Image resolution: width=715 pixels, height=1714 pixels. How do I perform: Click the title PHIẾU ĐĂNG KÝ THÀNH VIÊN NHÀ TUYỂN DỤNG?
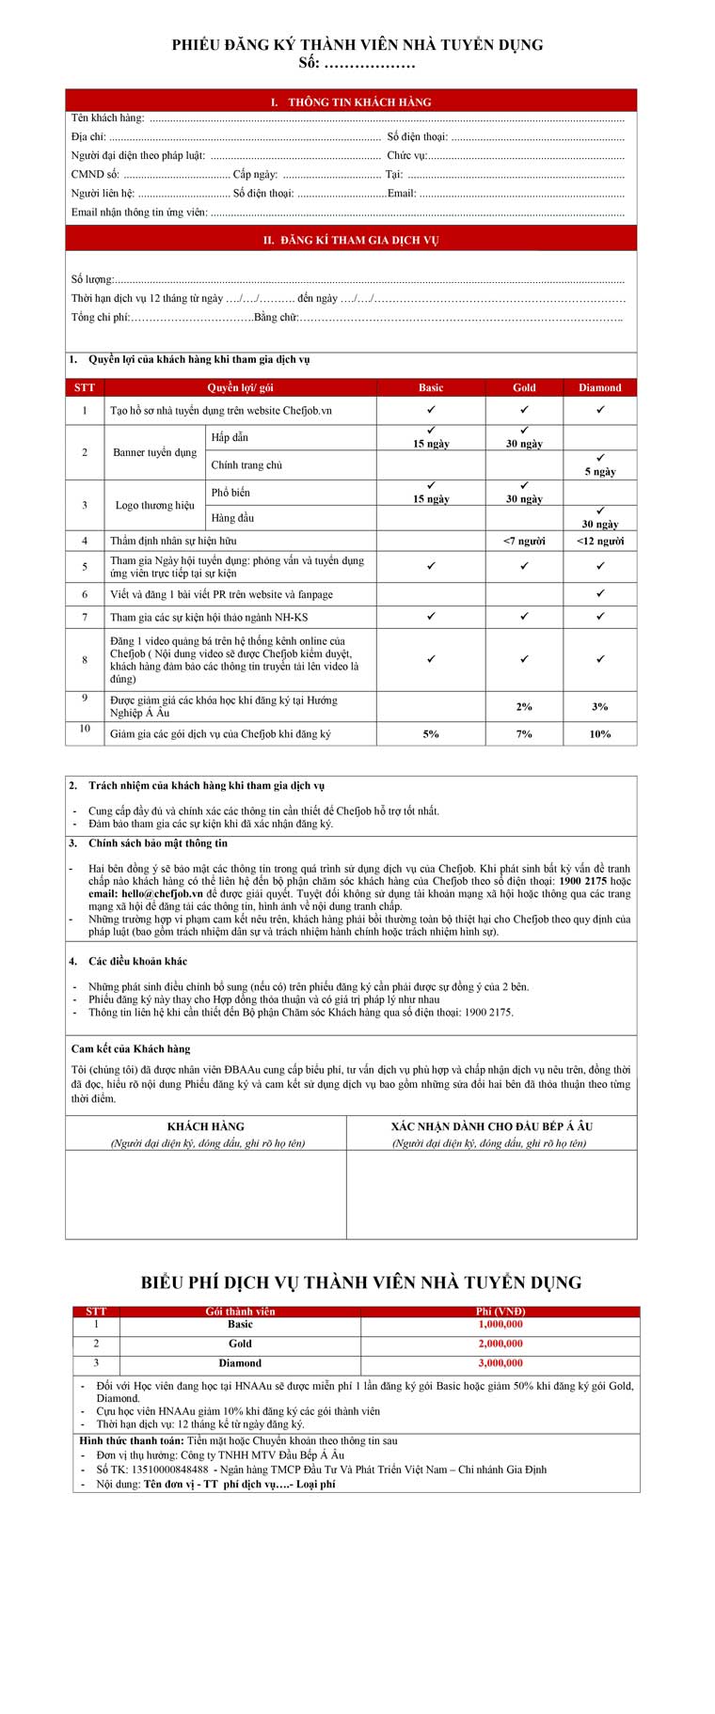(x=357, y=45)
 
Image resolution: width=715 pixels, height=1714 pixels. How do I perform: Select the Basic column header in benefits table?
(x=431, y=387)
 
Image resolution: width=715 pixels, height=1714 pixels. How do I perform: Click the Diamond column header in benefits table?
(x=599, y=387)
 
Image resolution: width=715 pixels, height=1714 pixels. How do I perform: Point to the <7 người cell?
(x=524, y=542)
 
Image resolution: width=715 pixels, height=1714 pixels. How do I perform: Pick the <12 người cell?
(x=599, y=542)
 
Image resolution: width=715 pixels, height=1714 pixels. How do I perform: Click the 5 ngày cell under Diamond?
(x=600, y=472)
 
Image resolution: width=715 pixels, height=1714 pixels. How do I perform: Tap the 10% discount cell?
(x=599, y=734)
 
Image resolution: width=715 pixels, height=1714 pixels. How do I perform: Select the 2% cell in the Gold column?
(x=524, y=707)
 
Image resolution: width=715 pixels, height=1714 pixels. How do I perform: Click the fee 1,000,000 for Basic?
(x=500, y=1325)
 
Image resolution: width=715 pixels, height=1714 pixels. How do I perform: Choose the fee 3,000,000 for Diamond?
(x=500, y=1363)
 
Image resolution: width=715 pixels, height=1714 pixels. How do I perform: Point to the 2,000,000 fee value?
(x=500, y=1344)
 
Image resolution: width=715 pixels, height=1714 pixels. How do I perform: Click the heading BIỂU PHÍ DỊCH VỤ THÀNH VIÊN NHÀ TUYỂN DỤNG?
(x=361, y=1282)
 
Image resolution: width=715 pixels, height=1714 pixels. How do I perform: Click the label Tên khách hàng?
(x=107, y=118)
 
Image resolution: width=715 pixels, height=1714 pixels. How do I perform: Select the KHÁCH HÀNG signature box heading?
(x=205, y=1126)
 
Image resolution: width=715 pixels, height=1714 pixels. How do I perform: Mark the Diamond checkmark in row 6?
(x=600, y=594)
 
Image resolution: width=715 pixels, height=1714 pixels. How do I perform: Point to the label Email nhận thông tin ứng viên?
(x=139, y=212)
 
